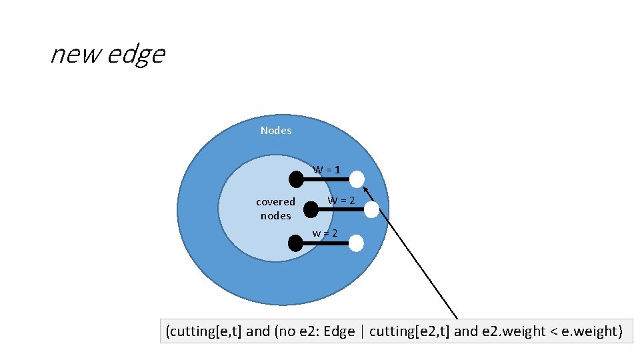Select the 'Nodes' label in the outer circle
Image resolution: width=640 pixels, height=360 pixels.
tap(276, 131)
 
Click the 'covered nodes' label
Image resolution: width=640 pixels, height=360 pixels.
tap(276, 209)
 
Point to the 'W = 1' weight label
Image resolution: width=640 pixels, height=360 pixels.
tap(327, 169)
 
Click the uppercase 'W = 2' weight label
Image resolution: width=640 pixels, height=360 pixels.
tap(341, 201)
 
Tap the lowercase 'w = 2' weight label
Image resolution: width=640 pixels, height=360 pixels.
tap(325, 233)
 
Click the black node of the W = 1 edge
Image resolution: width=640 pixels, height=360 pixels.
tap(296, 179)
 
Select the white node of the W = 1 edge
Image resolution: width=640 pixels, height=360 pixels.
tap(357, 179)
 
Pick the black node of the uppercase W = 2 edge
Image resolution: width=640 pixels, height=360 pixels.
tap(311, 210)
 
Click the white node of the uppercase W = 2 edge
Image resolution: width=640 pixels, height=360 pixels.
tap(372, 210)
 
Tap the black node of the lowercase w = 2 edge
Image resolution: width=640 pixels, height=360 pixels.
tap(295, 243)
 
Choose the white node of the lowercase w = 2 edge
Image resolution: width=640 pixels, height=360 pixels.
tap(357, 243)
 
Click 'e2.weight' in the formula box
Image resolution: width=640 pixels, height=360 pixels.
tap(505, 331)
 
